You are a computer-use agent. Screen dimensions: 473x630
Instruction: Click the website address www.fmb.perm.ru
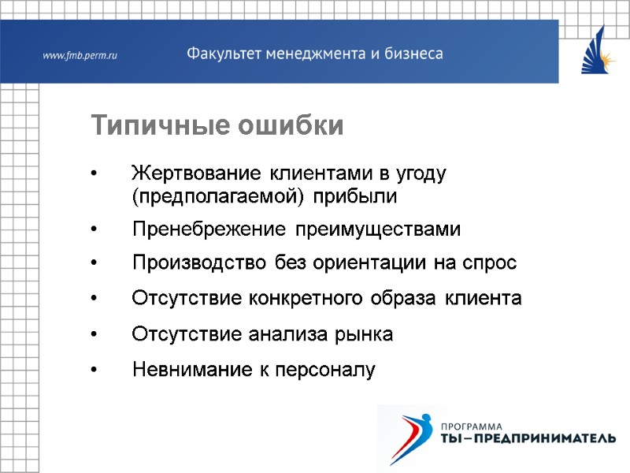[x=79, y=55]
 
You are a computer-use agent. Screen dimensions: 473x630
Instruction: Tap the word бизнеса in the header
[x=413, y=54]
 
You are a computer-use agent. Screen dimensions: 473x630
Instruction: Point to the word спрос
[x=493, y=263]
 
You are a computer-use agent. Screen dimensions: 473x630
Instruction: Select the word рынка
[x=365, y=334]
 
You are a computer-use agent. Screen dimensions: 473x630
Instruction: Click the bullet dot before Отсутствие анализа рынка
[x=94, y=335]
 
